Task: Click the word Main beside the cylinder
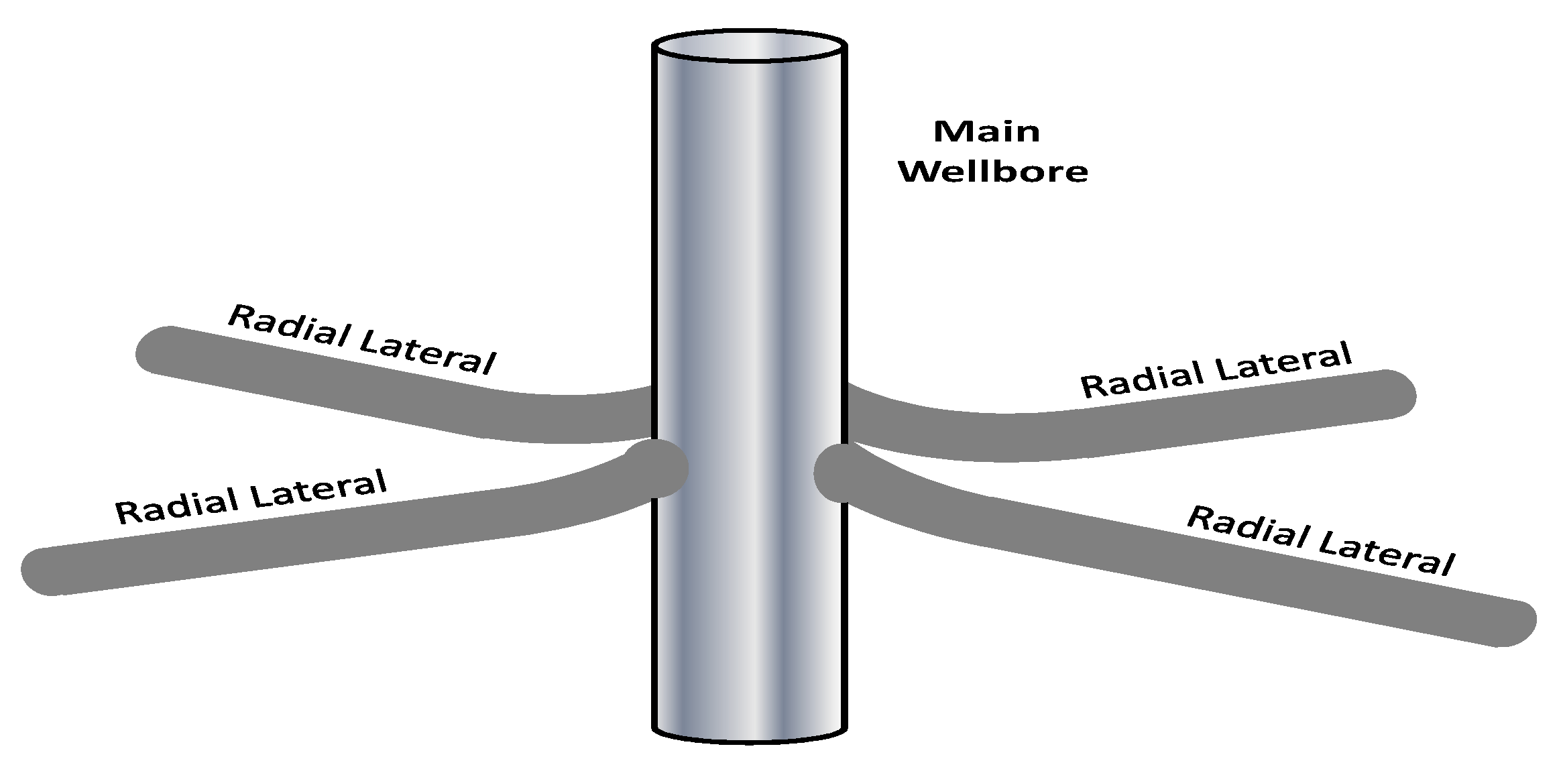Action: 986,131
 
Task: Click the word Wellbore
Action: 992,172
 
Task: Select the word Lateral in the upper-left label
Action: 428,355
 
